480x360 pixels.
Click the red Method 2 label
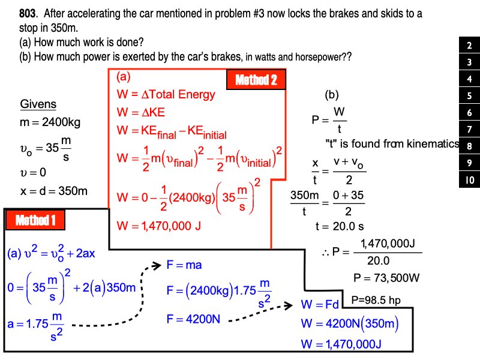[256, 80]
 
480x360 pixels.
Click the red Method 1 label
[35, 220]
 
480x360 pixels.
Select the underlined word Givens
[38, 104]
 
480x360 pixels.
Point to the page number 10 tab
[469, 179]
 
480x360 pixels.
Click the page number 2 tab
[469, 46]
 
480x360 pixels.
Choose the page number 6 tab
[469, 112]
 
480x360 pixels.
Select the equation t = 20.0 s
[340, 226]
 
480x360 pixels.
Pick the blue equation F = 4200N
[193, 319]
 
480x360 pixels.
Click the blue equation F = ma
[184, 265]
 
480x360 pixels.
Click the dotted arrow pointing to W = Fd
[261, 314]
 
